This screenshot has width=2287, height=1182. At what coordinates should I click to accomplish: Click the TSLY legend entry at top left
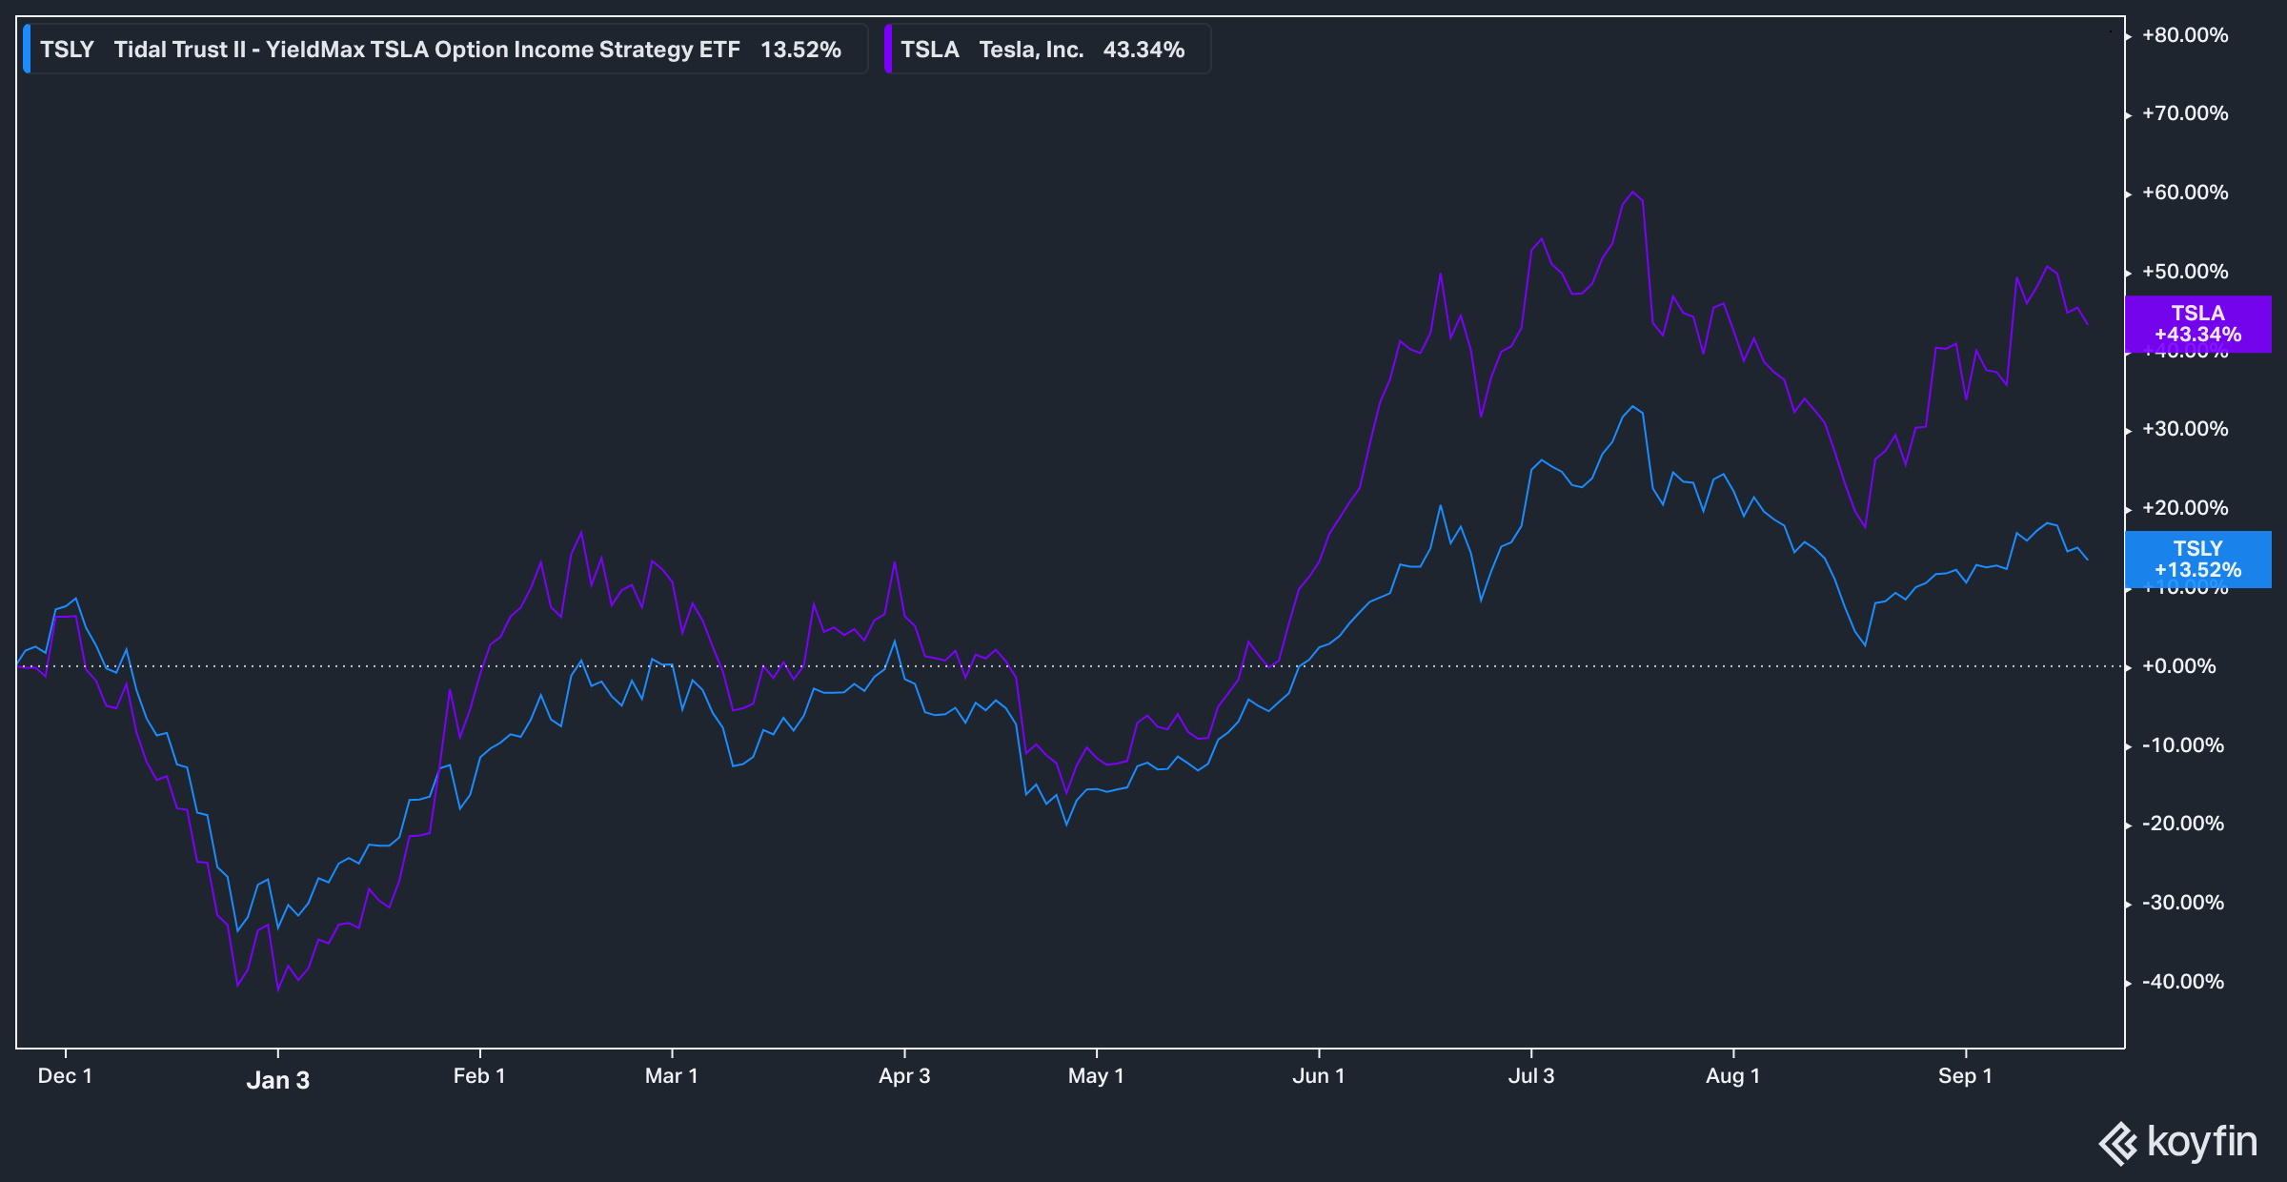(444, 50)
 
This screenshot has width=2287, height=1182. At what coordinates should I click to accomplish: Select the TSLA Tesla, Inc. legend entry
(1046, 50)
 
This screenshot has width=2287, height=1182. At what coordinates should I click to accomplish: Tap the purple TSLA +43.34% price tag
(2197, 324)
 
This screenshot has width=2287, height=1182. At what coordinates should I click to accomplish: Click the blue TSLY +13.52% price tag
(2197, 560)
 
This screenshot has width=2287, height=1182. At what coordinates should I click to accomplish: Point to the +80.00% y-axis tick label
(2185, 35)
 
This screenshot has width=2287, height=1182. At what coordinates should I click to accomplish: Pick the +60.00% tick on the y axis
(2185, 193)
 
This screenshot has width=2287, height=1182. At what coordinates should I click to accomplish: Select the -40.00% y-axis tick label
(2183, 982)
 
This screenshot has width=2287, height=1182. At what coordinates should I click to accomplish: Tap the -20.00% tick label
(2183, 824)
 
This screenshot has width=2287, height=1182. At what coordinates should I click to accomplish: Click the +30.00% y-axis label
(2185, 429)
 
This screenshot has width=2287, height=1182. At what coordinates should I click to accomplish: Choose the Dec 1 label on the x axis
(65, 1076)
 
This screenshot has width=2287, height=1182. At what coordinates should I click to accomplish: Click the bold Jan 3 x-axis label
(278, 1080)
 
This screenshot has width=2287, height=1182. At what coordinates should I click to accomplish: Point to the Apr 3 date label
(904, 1076)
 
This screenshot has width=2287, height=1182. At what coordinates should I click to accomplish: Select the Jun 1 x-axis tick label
(1319, 1076)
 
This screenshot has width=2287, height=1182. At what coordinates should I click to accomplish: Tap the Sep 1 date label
(1965, 1076)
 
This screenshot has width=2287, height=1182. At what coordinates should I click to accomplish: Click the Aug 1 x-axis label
(1732, 1076)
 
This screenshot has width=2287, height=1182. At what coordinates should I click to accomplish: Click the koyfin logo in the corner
(2178, 1142)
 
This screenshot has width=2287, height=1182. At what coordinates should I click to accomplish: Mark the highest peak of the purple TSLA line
(1632, 193)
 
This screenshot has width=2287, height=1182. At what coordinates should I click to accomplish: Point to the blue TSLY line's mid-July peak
(1633, 407)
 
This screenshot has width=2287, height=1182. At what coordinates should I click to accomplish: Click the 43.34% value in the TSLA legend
(1143, 50)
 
